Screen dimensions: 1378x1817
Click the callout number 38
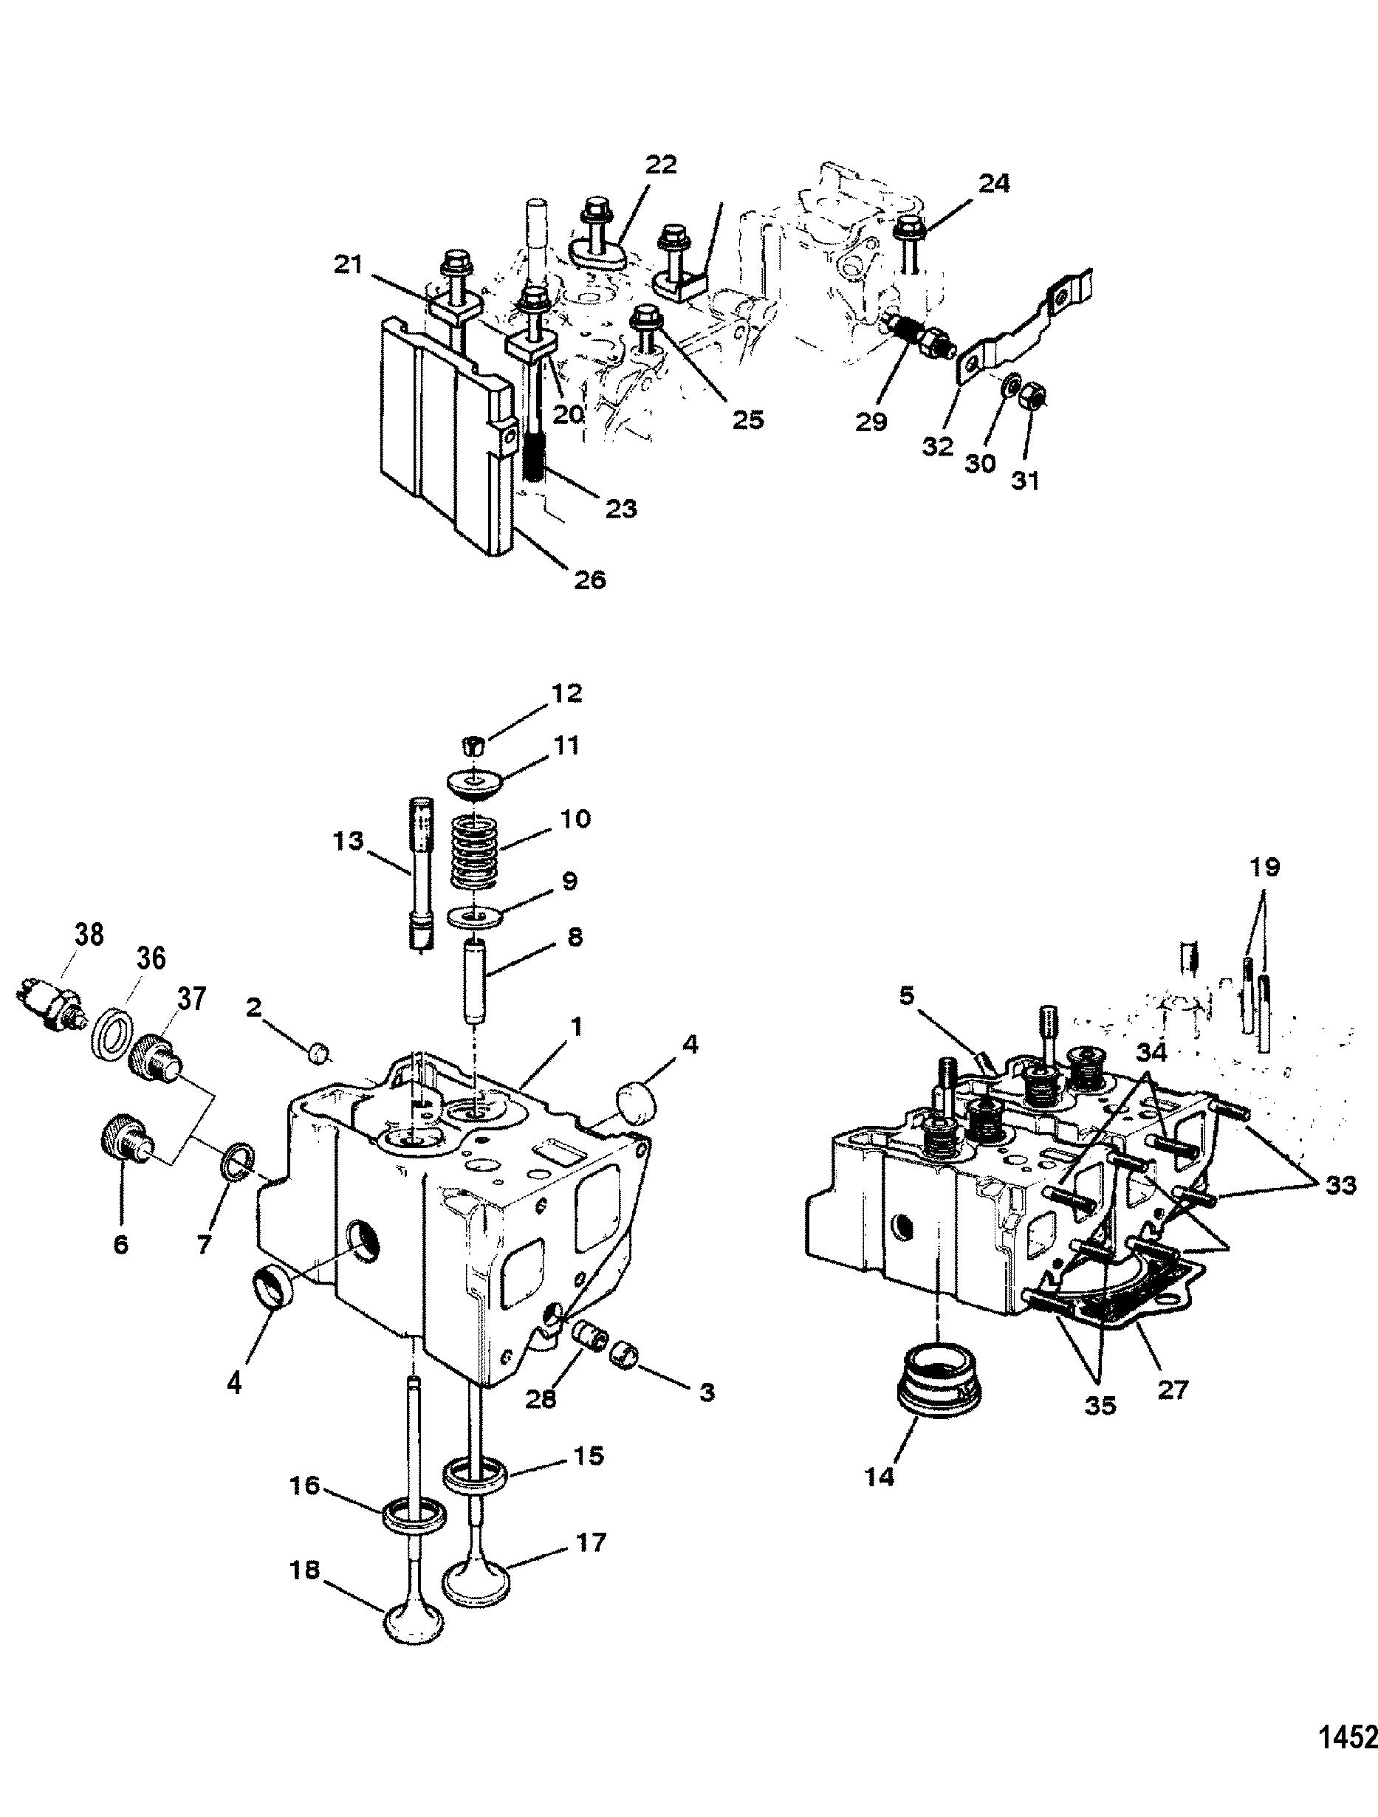[88, 935]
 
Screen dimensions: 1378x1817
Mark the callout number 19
[1266, 868]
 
